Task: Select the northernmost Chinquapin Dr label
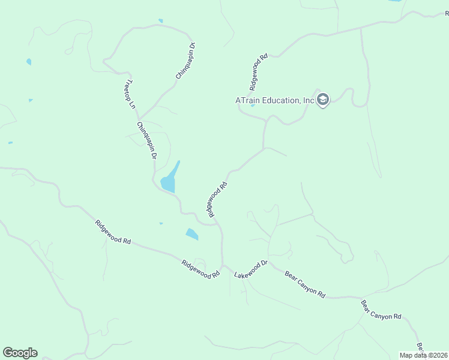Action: (x=186, y=61)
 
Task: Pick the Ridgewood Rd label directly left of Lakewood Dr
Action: (x=200, y=268)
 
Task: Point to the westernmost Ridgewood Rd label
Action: (x=112, y=232)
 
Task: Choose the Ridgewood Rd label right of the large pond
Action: (x=217, y=200)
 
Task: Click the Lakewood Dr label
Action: (x=250, y=269)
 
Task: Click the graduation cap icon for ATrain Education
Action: (x=323, y=100)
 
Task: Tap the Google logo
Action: (x=20, y=353)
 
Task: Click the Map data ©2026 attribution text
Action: (x=424, y=355)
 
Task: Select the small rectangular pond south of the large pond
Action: (x=192, y=234)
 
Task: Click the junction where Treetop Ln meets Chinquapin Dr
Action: (x=139, y=119)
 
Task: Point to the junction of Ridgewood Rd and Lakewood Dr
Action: (x=223, y=265)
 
